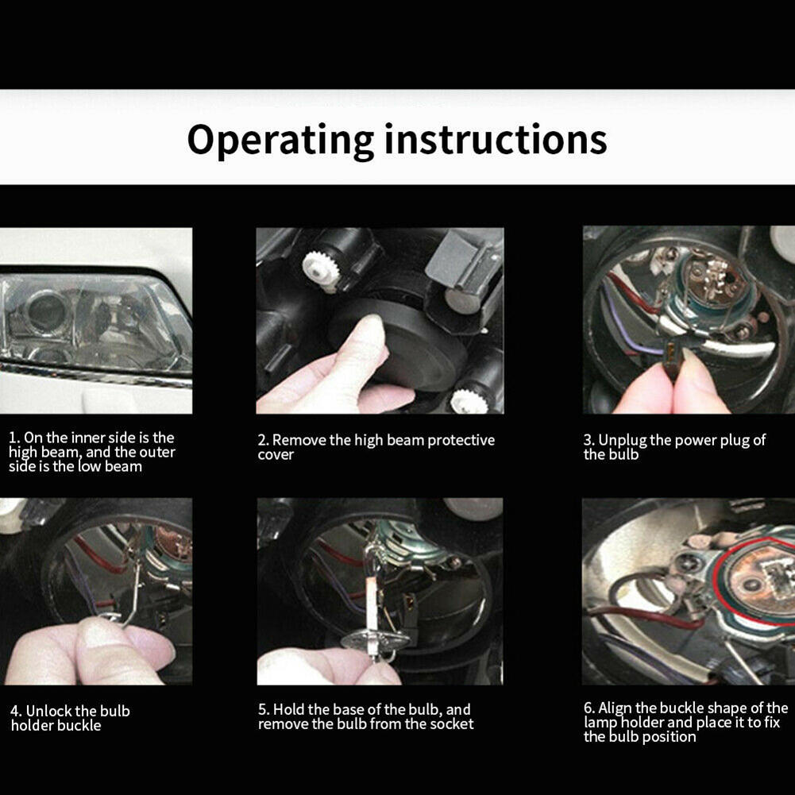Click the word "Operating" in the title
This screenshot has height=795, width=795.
tap(280, 141)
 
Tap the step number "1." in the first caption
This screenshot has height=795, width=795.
tap(15, 438)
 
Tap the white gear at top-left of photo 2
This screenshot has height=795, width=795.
tap(320, 271)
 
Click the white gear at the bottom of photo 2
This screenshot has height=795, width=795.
tap(469, 402)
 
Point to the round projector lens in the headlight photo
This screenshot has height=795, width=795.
tap(48, 311)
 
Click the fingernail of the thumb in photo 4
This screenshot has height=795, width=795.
tap(98, 631)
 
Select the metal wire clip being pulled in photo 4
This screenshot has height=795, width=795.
tap(133, 589)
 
